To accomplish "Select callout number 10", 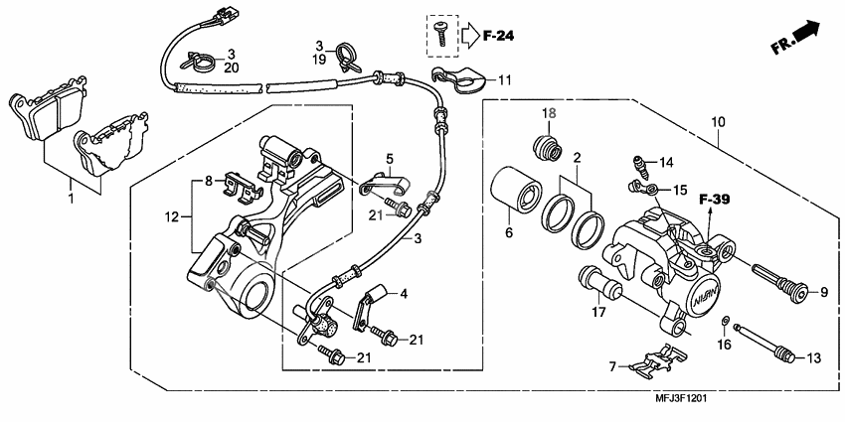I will (x=718, y=122).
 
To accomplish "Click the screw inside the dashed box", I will (x=439, y=36).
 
